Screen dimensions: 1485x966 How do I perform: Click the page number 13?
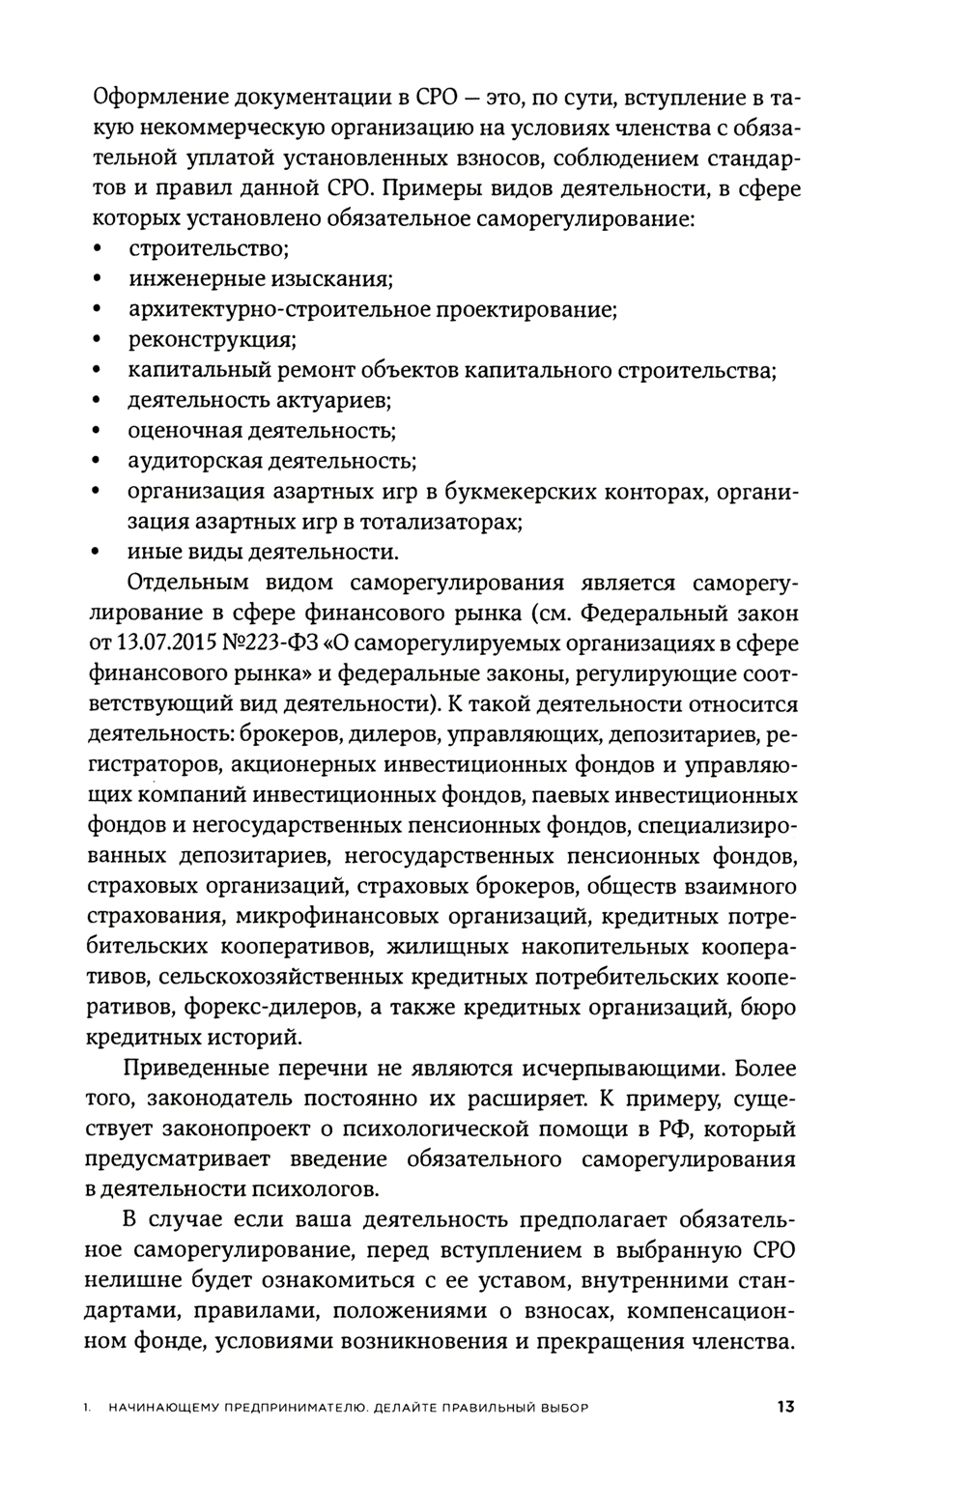(784, 1407)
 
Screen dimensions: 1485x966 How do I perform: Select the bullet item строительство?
(209, 249)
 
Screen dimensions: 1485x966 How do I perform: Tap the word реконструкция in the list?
(212, 340)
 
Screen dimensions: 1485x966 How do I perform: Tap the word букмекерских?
(523, 492)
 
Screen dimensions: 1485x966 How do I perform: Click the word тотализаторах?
(440, 523)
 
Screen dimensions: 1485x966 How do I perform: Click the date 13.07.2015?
(165, 644)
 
